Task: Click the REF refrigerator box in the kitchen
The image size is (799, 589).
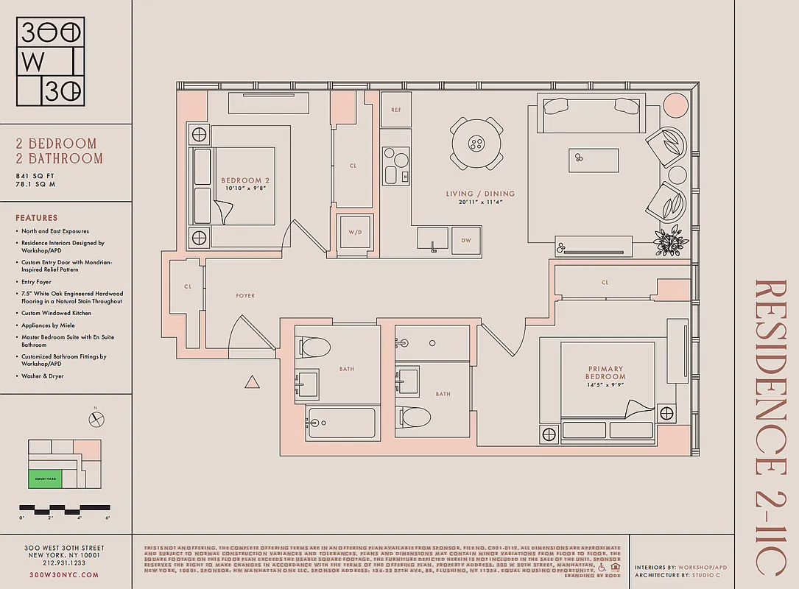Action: [x=396, y=110]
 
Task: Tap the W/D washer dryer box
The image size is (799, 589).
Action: [x=355, y=233]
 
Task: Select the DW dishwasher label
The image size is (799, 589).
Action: [x=466, y=240]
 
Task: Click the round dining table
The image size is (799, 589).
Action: [x=477, y=143]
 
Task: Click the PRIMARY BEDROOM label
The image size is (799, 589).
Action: [x=605, y=373]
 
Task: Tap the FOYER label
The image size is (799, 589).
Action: [x=245, y=296]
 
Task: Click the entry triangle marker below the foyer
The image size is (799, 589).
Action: [x=252, y=382]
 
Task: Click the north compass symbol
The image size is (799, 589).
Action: [x=96, y=418]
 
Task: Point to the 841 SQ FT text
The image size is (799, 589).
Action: [x=35, y=177]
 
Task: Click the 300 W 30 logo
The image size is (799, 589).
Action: [x=51, y=62]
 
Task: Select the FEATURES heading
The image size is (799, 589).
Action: [x=36, y=218]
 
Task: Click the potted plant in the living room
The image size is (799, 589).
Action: [x=670, y=241]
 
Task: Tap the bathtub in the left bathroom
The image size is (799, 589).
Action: [x=341, y=423]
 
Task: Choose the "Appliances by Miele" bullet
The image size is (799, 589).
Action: [x=48, y=325]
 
